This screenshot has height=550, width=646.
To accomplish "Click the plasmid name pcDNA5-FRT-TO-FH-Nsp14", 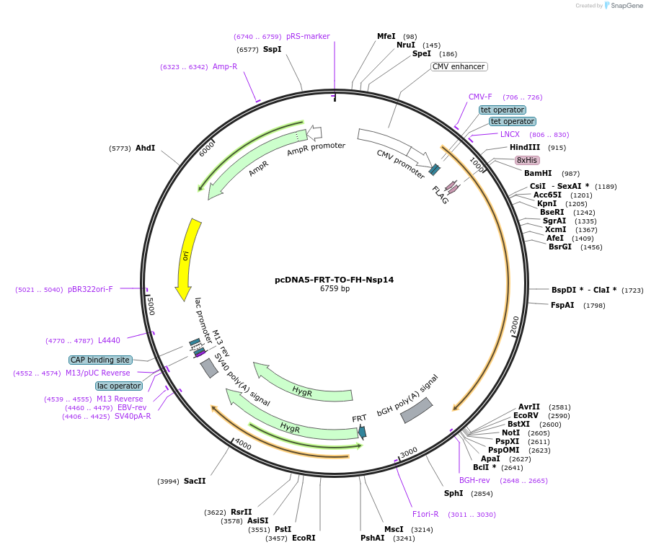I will click(335, 280).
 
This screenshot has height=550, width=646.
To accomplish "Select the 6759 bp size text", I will click(335, 289).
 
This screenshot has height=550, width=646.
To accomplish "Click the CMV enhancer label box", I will click(459, 67).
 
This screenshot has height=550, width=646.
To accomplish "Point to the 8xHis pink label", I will click(526, 160).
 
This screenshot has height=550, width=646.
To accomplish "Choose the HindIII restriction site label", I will click(525, 148).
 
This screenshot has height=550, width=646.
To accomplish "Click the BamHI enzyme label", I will click(537, 174).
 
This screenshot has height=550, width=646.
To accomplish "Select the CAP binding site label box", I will click(100, 360).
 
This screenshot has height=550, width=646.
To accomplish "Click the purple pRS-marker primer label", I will click(308, 36).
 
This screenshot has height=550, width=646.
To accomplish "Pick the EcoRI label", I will click(304, 538).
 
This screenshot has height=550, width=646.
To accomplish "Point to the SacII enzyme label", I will click(195, 481).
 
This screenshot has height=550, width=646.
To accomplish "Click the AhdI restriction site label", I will click(145, 148).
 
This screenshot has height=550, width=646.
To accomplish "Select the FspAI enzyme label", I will click(562, 305).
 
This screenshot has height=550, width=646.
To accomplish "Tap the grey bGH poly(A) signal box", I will click(416, 410).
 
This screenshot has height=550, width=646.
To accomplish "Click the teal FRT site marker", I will click(362, 432).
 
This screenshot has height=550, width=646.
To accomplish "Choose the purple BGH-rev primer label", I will click(474, 480).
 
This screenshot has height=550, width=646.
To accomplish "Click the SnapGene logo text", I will click(624, 6).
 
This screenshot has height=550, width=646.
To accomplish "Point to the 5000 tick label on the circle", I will click(150, 306).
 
